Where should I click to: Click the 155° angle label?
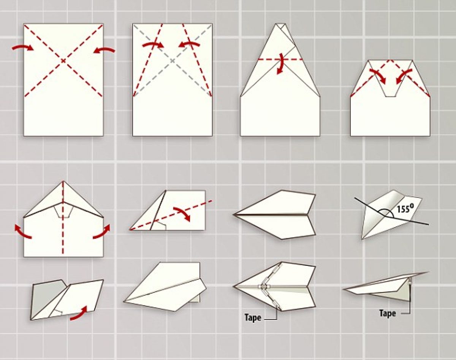pos(405,209)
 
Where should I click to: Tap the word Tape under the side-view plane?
pos(387,313)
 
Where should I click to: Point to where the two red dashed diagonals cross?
pos(63,61)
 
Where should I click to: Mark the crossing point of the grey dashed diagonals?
pos(173,61)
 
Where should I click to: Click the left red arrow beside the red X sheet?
pos(23,48)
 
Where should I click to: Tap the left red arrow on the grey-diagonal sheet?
pos(153,45)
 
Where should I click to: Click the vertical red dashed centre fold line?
pos(63,218)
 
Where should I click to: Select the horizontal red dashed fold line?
pos(280,60)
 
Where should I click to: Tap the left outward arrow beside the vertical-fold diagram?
pos(23,232)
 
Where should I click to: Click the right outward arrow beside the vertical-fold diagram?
pos(102,232)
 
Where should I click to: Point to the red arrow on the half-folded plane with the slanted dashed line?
pos(182,214)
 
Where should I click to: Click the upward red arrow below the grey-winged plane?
pos(79,313)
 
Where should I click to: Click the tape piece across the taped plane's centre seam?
pos(264,287)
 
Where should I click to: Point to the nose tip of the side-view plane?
pos(343,289)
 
